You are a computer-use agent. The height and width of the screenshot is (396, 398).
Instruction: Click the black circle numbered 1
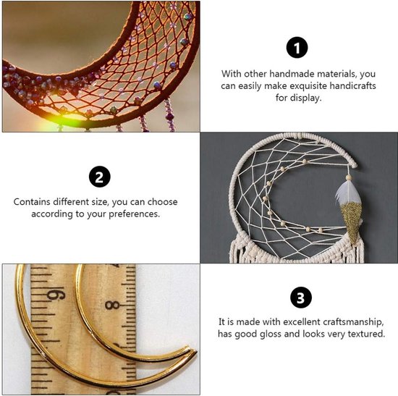[x=297, y=48]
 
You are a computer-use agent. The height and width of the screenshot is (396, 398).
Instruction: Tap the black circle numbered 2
[x=100, y=177]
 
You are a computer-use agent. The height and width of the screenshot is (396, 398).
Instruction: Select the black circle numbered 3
[x=301, y=298]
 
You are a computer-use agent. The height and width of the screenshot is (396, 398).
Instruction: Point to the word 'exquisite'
[x=308, y=86]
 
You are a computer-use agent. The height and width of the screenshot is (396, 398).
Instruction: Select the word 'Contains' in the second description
[x=32, y=202]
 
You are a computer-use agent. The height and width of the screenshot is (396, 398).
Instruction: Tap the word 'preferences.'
[x=135, y=214]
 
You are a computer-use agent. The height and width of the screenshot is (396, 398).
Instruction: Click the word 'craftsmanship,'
[x=353, y=322]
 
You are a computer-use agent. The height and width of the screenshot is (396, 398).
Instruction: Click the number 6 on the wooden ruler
[x=56, y=295]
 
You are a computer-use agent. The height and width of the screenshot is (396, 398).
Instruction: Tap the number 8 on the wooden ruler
[x=112, y=305]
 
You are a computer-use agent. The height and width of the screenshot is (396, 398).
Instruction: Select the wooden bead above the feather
[x=349, y=177]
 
